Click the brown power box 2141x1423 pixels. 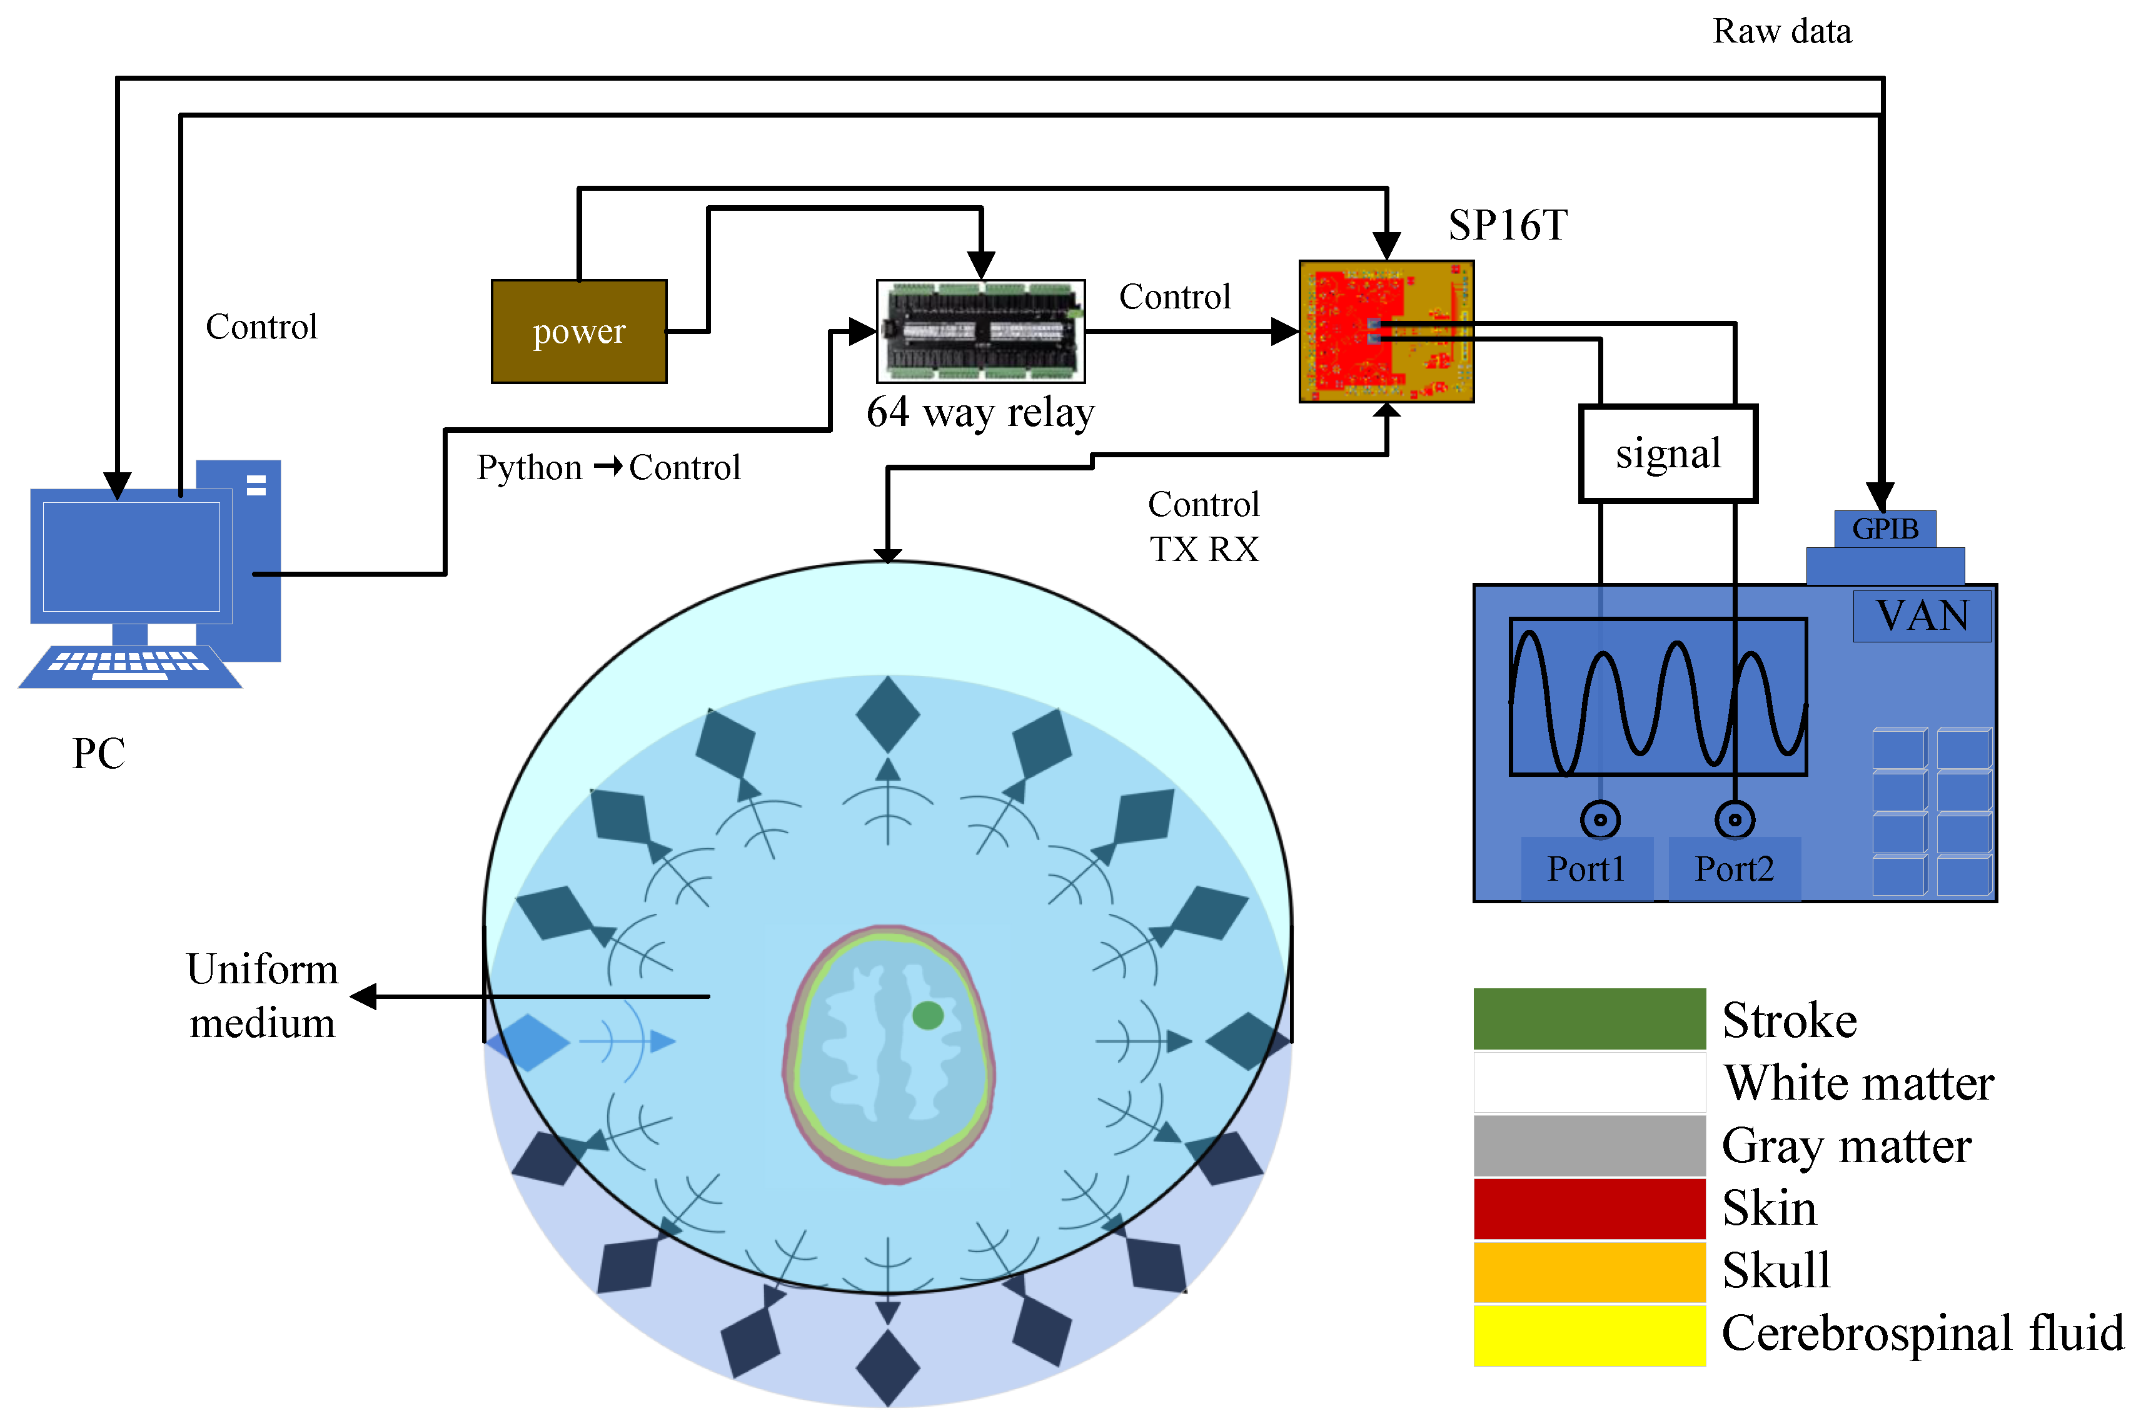pos(579,332)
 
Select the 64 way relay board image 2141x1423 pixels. pos(980,332)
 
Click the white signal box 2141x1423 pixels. pos(1668,453)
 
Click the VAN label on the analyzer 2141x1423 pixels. pos(1922,616)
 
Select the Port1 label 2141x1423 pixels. pos(1585,869)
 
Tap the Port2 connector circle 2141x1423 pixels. pos(1734,819)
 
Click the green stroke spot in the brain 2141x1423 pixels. pos(927,1015)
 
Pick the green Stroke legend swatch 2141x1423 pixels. pos(1588,1019)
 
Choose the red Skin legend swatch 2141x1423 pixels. pos(1588,1208)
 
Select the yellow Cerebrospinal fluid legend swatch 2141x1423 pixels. pos(1588,1335)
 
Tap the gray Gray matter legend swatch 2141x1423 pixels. pos(1588,1145)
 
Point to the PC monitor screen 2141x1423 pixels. pos(131,556)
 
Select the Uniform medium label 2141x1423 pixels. pos(262,996)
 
